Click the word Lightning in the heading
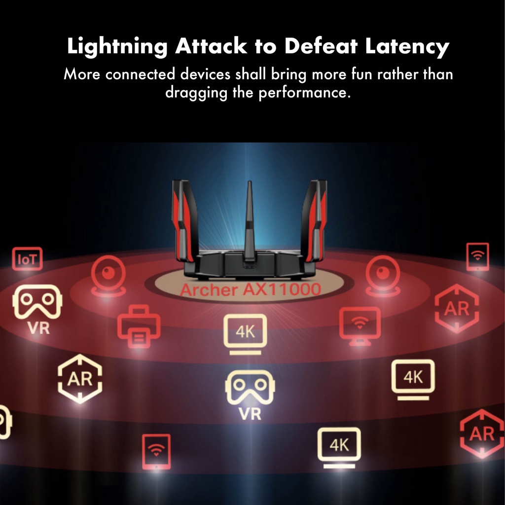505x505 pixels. [x=117, y=47]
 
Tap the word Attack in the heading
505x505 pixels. [x=211, y=47]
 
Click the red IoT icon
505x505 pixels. [x=27, y=259]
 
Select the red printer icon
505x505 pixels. [x=139, y=326]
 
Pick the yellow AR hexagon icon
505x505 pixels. [x=80, y=378]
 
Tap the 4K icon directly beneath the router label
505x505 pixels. [x=245, y=333]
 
